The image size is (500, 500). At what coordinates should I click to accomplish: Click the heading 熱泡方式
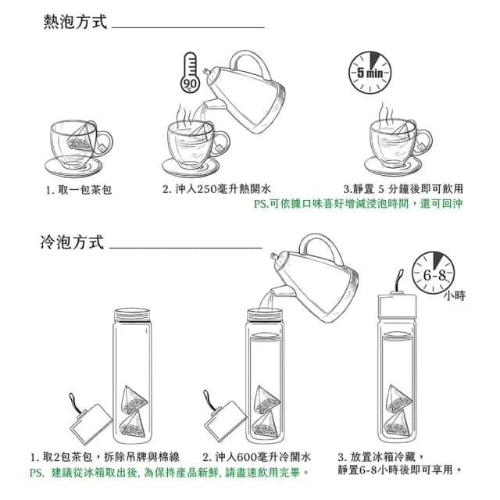[x=74, y=22]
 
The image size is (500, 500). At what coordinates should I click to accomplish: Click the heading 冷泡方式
[x=72, y=242]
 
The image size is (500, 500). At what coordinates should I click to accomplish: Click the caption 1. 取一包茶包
[x=79, y=190]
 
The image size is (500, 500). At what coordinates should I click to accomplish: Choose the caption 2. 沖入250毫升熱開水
[x=216, y=189]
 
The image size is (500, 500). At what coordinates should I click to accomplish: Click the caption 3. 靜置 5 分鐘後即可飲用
[x=403, y=189]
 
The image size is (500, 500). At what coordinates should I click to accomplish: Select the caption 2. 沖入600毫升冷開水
[x=257, y=456]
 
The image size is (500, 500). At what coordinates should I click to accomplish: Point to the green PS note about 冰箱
[x=169, y=473]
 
